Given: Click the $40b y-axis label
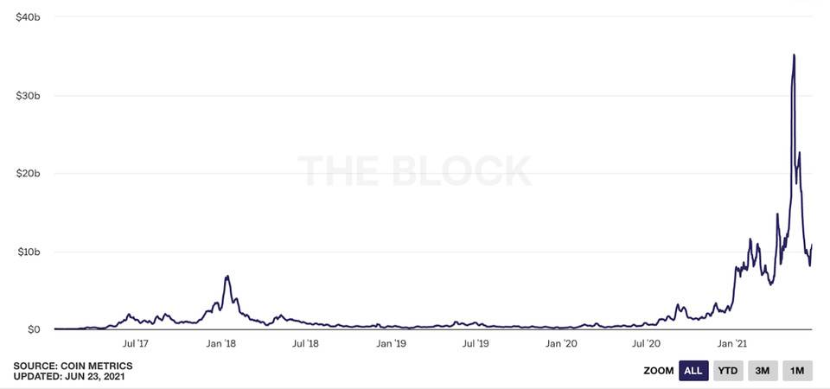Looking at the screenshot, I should pos(29,16).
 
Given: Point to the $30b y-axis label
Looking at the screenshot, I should pos(29,95).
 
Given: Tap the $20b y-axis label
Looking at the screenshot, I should pos(29,173).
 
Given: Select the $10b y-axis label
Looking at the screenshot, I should pos(29,252).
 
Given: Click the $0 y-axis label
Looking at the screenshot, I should pos(34,329).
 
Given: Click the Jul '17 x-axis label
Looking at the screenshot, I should pos(137,344).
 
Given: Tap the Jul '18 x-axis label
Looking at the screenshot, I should pos(305,344).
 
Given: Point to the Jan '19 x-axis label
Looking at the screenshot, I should pos(391,344).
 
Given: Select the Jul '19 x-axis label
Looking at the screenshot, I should pos(476,344).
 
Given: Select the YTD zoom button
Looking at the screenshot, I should pos(729,371).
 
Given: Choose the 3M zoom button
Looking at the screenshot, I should pos(763,371).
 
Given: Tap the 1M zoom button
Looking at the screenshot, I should pos(797,371).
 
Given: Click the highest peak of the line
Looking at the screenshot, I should pos(794,55).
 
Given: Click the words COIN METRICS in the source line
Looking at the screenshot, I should pos(94,366).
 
